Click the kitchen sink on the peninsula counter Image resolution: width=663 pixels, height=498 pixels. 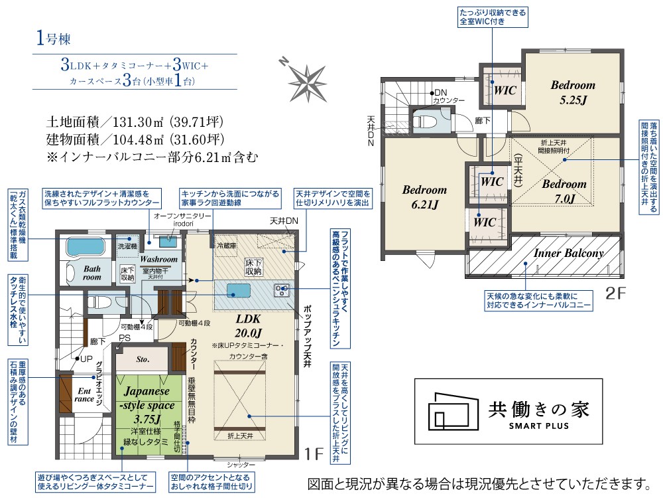pos(237,290)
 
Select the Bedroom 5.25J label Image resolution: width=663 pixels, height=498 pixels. pos(573,92)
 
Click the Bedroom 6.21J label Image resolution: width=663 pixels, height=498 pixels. pos(424,197)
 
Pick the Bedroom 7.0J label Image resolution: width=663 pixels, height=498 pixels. pos(564,191)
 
